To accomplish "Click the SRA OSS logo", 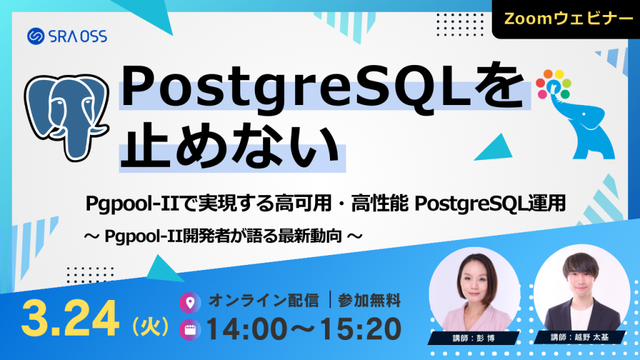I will [x=67, y=36].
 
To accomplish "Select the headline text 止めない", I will [x=231, y=147].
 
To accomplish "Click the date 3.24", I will [x=69, y=319].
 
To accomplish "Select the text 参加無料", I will [x=369, y=301].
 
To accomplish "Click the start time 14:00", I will [x=250, y=329].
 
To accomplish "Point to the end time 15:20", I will [x=360, y=329].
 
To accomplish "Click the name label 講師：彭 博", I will [x=473, y=338].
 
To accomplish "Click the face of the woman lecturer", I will [x=474, y=285].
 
